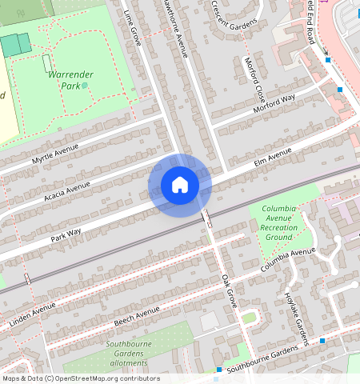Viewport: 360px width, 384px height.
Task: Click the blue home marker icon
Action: coord(180,185)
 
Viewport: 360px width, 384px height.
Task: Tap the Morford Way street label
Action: coord(274,103)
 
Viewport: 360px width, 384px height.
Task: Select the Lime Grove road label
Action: coord(133,27)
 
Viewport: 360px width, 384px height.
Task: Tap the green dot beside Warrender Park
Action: coord(85,85)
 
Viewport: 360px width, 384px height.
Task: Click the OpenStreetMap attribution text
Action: coord(80,378)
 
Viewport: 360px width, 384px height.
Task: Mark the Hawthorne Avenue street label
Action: coord(175,27)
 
